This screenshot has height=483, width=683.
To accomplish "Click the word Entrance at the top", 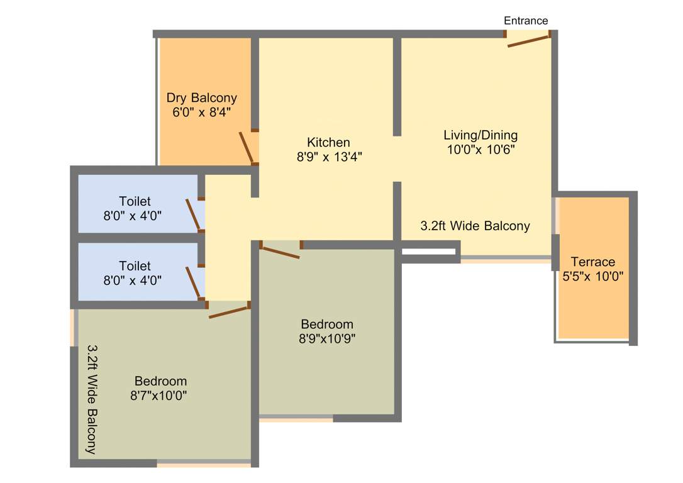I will (526, 21).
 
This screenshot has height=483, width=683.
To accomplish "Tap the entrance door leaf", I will (529, 41).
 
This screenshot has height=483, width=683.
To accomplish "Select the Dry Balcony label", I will (201, 98).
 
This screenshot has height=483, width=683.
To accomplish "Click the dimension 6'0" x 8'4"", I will (201, 113).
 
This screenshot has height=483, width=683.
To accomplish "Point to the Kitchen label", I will (328, 142).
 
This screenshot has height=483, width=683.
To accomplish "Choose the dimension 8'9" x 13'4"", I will (329, 157).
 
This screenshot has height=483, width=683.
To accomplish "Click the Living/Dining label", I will (480, 135).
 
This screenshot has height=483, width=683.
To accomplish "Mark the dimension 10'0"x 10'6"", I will (480, 150).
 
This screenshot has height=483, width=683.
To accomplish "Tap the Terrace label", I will (593, 262).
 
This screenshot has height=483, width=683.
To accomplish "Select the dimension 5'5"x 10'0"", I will (592, 275).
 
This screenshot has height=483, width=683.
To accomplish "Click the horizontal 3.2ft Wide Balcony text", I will (475, 226).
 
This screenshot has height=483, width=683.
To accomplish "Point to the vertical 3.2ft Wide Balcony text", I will (92, 399).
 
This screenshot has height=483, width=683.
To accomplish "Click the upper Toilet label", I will (135, 201).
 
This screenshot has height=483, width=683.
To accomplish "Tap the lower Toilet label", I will (135, 266).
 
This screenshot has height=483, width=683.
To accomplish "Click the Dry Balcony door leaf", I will (246, 148).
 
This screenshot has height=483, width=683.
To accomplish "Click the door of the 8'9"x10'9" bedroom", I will (280, 252).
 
